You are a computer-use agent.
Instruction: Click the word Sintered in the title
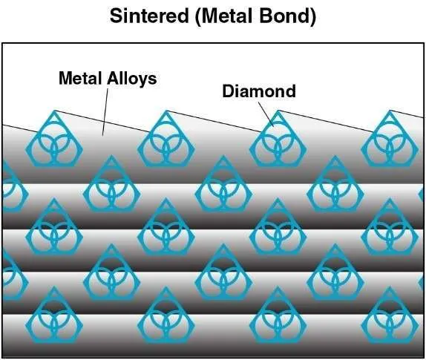point(149,16)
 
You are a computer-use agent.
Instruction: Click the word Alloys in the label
point(132,79)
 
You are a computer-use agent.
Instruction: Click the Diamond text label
point(259,91)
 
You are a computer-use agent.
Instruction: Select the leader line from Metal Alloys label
point(105,112)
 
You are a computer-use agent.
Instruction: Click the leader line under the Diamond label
point(266,114)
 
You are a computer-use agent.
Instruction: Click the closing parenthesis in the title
point(312,16)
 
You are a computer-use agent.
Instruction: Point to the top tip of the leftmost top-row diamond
point(54,111)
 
